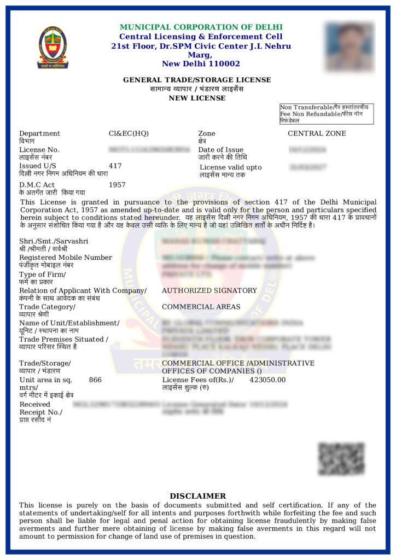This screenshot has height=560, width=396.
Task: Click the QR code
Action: [x=341, y=459]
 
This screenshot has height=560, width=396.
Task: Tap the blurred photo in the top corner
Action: [x=348, y=46]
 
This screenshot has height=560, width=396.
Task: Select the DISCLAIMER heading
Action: [x=197, y=496]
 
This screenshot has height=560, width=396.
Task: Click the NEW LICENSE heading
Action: [x=197, y=98]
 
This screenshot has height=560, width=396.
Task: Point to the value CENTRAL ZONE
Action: [x=317, y=133]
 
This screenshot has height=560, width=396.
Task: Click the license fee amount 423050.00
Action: [x=267, y=380]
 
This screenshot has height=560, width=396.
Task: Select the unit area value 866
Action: [x=95, y=380]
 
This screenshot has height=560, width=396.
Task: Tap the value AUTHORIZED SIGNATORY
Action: [x=209, y=291]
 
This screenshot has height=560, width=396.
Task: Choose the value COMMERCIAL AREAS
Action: [x=201, y=307]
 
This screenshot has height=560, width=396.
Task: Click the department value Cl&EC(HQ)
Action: [x=129, y=133]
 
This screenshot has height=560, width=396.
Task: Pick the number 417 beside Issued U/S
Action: [x=115, y=166]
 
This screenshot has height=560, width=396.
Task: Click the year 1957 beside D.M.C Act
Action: [x=117, y=185]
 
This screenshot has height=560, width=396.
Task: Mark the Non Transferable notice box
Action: [x=326, y=114]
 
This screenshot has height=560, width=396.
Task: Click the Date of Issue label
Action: [x=220, y=150]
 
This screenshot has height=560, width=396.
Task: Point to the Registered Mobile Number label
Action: [x=66, y=258]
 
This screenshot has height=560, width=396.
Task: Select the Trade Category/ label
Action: [x=47, y=307]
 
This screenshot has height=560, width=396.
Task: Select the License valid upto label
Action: [x=230, y=167]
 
